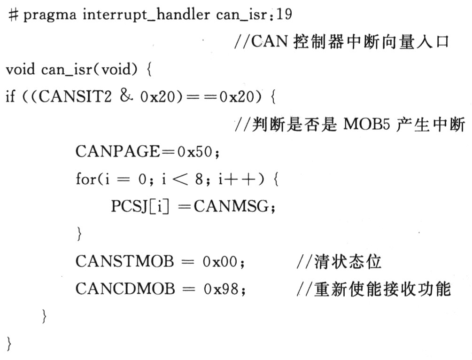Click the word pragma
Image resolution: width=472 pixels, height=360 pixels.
click(x=50, y=16)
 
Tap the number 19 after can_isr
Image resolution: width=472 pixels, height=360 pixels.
click(x=284, y=14)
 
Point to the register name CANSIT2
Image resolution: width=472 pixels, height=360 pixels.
click(x=75, y=96)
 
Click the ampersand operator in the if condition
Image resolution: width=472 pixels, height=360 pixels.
click(x=126, y=96)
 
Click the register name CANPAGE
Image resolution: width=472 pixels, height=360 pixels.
click(x=118, y=151)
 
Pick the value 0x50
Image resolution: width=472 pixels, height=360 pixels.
click(x=195, y=151)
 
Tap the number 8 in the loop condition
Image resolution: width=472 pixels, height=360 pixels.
click(x=199, y=180)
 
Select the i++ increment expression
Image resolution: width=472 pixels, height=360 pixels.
click(x=237, y=179)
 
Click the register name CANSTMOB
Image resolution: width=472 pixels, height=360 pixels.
click(x=124, y=261)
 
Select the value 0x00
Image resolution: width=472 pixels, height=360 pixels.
click(x=220, y=261)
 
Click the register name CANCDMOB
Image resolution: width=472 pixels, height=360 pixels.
click(x=125, y=289)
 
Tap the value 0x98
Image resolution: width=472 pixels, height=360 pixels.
click(x=221, y=289)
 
